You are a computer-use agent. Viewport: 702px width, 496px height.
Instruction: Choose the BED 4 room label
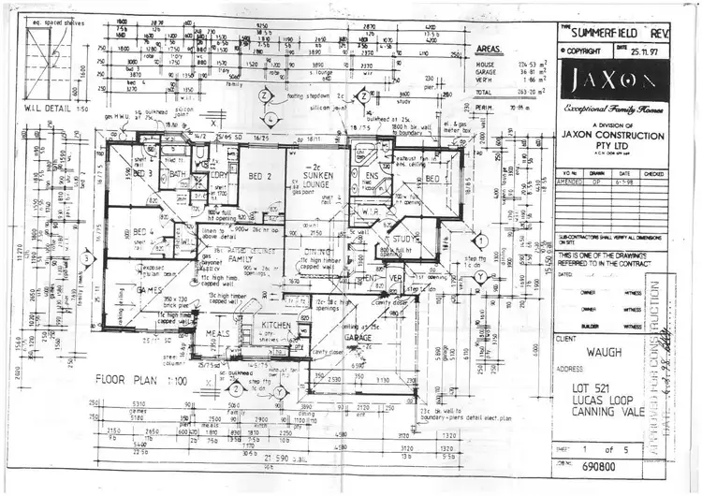(143, 233)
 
